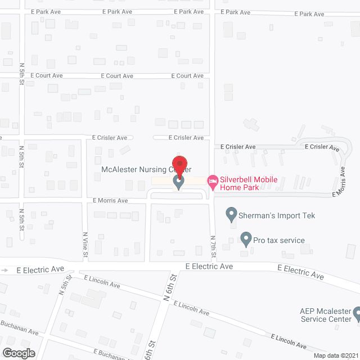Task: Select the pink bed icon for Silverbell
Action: point(212,181)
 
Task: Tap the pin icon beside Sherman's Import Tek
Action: point(231,214)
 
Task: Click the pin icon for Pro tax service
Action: point(246,240)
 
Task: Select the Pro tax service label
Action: point(278,240)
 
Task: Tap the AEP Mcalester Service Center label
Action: point(325,315)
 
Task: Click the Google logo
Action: point(18,353)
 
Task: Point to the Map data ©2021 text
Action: point(335,355)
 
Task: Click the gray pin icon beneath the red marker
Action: point(179,183)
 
